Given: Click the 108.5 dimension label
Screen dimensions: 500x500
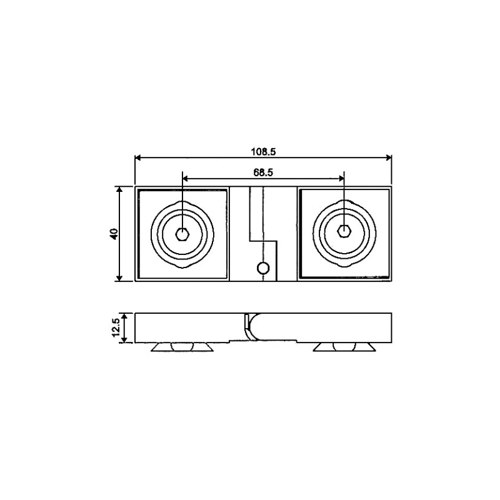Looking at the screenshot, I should click(263, 151).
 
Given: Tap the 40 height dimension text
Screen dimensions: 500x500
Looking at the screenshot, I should click(114, 234).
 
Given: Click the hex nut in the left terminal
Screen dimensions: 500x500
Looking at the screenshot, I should click(182, 234).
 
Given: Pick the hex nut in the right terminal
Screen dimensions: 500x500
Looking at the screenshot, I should click(345, 232).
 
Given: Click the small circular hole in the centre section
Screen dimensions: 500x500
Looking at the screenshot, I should click(264, 268).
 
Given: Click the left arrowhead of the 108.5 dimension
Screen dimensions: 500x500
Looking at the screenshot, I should click(139, 157).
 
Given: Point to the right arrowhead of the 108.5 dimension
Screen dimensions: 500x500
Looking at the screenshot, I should click(388, 157).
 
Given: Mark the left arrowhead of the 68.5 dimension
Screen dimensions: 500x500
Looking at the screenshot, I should click(185, 178).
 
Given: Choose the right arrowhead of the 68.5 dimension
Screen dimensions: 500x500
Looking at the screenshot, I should click(342, 178).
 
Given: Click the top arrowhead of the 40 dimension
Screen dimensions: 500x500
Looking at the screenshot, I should click(120, 189).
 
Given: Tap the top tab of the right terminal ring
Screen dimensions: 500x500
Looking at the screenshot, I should click(345, 202).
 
